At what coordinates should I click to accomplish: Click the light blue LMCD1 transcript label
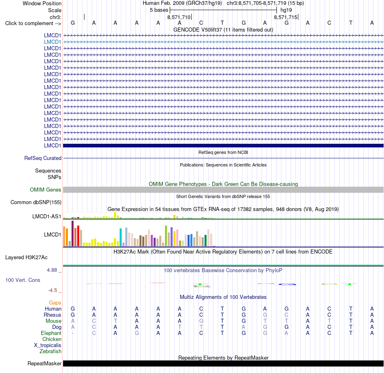point(53,42)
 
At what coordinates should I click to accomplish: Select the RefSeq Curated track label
point(43,158)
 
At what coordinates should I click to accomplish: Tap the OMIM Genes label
point(46,190)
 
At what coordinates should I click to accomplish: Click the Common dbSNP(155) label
point(36,202)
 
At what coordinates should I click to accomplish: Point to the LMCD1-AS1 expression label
point(46,216)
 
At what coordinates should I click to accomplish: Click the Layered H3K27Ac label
point(26,258)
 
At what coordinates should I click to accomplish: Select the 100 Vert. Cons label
point(23,280)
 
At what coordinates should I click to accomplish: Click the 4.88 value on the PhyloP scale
point(52,270)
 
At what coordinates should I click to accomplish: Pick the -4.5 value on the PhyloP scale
point(53,290)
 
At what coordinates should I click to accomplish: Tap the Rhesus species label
point(53,315)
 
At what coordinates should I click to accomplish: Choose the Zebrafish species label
point(51,352)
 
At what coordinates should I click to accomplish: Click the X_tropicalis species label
point(48,345)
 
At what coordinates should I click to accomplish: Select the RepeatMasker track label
point(44,363)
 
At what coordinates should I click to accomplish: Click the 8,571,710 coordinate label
point(179,17)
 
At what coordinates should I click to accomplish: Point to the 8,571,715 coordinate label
point(285,17)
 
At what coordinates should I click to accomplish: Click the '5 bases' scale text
point(159,10)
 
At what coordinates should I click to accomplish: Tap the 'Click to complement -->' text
point(33,23)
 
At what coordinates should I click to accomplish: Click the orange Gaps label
point(55,303)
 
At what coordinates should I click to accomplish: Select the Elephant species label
point(51,333)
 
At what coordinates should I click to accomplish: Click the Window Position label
point(42,3)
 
